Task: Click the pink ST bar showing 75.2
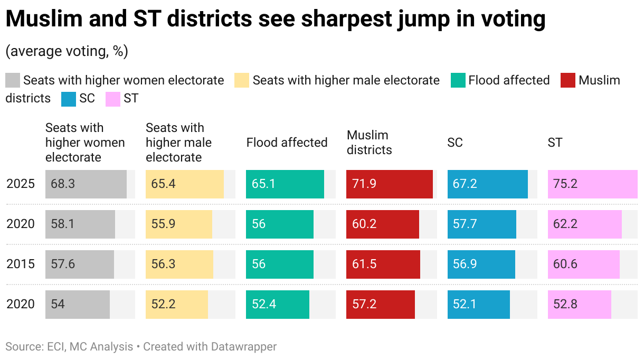(x=592, y=184)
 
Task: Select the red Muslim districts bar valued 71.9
(x=389, y=184)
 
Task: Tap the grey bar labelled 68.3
(x=86, y=184)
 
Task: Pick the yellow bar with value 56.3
(x=179, y=264)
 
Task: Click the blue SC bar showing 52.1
(x=478, y=305)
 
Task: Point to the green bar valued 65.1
(x=285, y=184)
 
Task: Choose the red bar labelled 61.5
(x=383, y=264)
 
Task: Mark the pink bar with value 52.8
(x=579, y=305)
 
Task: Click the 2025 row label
(x=21, y=184)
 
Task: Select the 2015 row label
(x=21, y=264)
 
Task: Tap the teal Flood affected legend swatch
(x=458, y=81)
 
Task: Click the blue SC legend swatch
(x=69, y=99)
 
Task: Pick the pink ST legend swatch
(x=113, y=99)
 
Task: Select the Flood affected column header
(x=287, y=143)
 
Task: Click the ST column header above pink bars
(x=555, y=143)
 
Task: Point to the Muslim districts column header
(x=369, y=143)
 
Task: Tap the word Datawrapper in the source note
(x=244, y=347)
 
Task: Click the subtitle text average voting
(x=67, y=52)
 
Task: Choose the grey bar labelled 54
(x=78, y=305)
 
